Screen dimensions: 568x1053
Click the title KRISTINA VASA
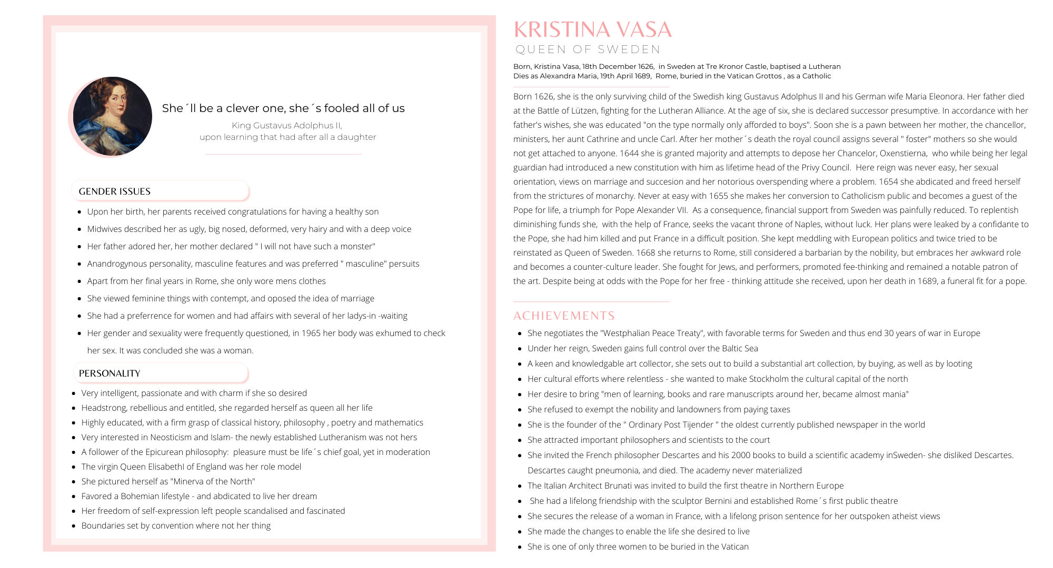pyautogui.click(x=592, y=30)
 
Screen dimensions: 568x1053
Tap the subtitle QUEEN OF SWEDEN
pyautogui.click(x=588, y=49)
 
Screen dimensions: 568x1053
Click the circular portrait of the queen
pyautogui.click(x=112, y=116)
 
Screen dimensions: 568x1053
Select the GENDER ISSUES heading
pyautogui.click(x=115, y=191)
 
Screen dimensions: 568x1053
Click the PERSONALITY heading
pyautogui.click(x=110, y=373)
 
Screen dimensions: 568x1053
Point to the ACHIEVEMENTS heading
pyautogui.click(x=564, y=316)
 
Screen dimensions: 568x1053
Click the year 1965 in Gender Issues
pyautogui.click(x=312, y=333)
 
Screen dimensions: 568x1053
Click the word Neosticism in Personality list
pyautogui.click(x=171, y=437)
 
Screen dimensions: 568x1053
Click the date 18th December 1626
pyautogui.click(x=618, y=66)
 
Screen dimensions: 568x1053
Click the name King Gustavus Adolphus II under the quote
pyautogui.click(x=287, y=125)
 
